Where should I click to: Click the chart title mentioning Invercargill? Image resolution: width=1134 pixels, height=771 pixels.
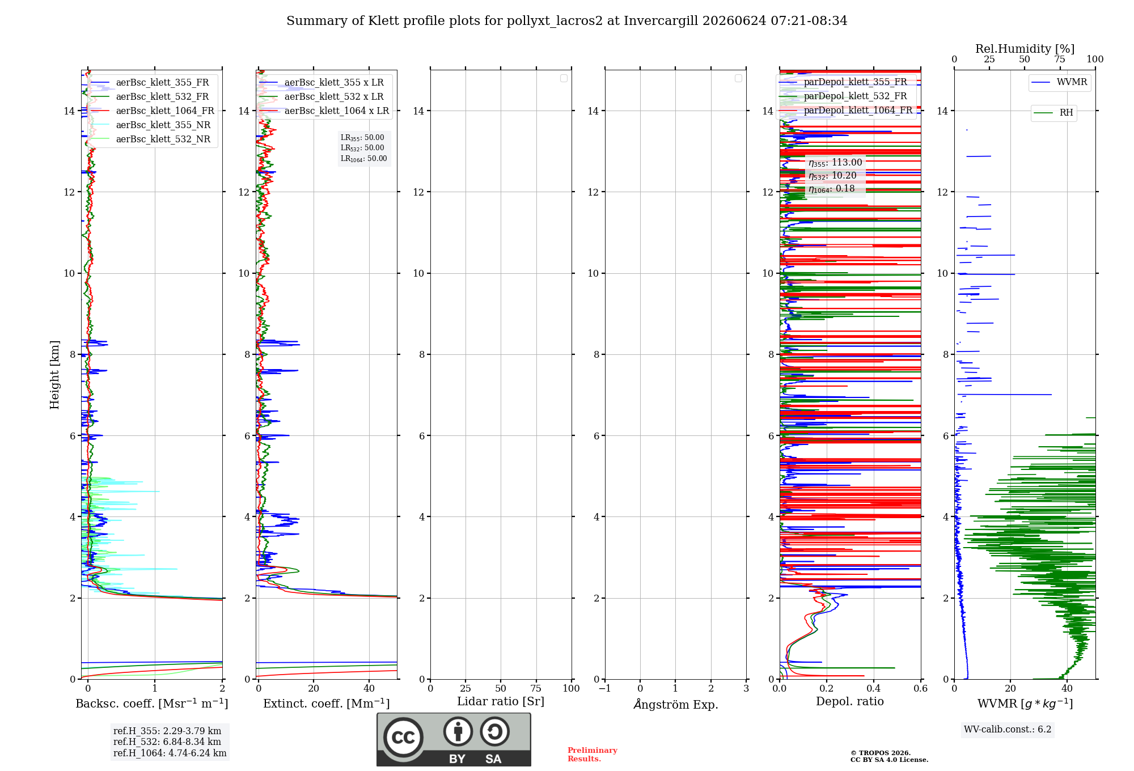566,21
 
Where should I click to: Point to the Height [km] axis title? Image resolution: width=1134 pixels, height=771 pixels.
54,375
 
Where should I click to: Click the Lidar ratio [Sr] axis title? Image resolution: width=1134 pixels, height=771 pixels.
501,702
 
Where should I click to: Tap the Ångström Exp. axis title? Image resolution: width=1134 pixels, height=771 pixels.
676,704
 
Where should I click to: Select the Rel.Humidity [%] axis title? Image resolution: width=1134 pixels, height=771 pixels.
1025,49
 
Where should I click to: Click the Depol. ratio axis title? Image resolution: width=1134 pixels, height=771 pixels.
850,701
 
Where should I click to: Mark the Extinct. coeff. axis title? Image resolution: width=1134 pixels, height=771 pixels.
327,704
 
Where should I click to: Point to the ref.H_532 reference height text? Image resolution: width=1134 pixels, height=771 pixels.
167,742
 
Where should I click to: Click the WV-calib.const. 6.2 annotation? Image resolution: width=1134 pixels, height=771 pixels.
1008,730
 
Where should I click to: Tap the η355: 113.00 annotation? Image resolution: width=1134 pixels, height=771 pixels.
835,163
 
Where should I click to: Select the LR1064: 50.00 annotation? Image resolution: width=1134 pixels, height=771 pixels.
364,159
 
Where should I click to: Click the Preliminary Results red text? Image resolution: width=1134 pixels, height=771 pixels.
593,755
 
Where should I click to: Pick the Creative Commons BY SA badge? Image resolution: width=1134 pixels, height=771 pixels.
454,740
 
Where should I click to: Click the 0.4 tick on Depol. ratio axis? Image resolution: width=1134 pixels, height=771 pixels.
874,688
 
